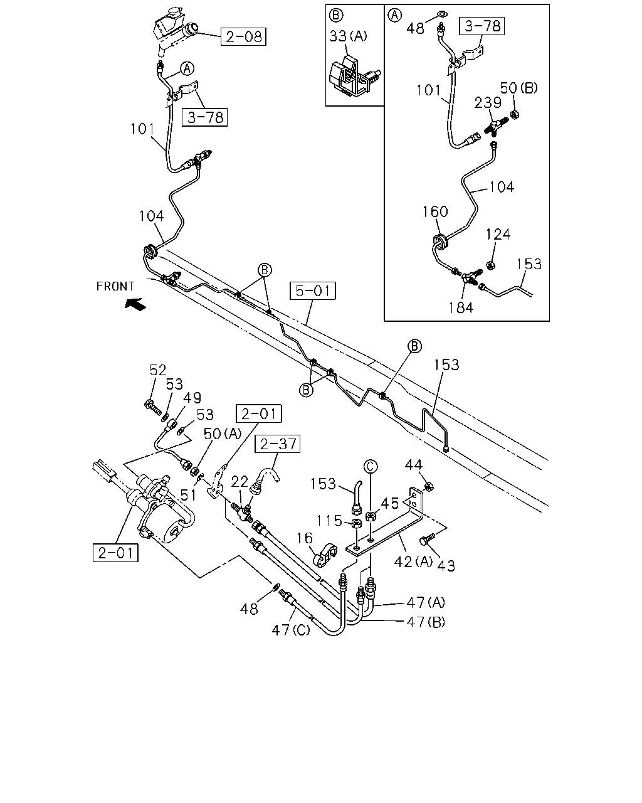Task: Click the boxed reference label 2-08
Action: click(x=243, y=36)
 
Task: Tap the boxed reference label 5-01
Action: click(x=313, y=290)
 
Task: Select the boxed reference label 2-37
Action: click(x=278, y=444)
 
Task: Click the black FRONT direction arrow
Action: click(x=135, y=304)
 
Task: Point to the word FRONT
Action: click(x=115, y=286)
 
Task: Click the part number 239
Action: click(x=488, y=103)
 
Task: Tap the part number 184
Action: click(x=461, y=308)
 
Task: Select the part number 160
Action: click(x=434, y=211)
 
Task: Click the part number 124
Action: click(x=498, y=235)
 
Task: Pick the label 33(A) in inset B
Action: click(x=348, y=36)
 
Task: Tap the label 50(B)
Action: click(x=518, y=88)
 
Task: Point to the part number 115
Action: click(x=329, y=521)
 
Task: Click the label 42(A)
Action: click(x=413, y=561)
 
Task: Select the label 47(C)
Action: click(x=291, y=630)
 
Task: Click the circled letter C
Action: click(x=371, y=466)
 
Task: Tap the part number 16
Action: click(x=305, y=538)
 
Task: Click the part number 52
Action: click(x=157, y=370)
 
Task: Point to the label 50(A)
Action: click(x=223, y=433)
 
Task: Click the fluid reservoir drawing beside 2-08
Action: click(x=176, y=30)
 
